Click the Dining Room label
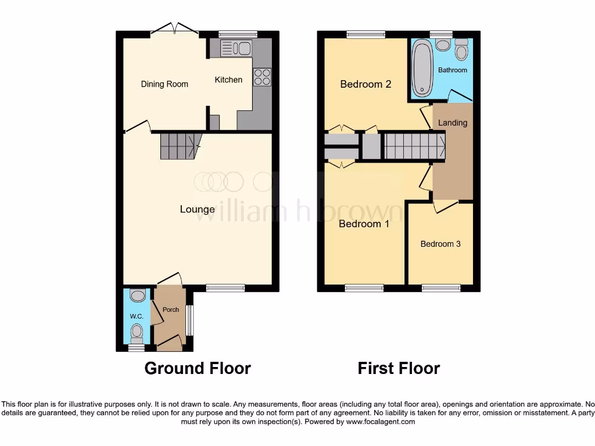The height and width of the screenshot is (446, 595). tap(164, 84)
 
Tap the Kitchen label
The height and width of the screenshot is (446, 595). tap(228, 80)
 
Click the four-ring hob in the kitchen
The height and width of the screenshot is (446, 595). tap(261, 77)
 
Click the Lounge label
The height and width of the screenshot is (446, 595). tap(197, 210)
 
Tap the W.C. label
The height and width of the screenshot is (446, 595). tap(137, 316)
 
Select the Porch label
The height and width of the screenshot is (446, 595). tap(170, 310)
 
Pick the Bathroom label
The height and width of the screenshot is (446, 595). tap(452, 70)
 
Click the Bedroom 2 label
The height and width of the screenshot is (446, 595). tap(365, 84)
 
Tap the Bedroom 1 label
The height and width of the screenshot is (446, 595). tap(364, 224)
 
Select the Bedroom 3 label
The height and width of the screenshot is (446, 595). tap(440, 244)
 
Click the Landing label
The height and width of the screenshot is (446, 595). tap(452, 123)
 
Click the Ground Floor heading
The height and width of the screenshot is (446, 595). tap(198, 368)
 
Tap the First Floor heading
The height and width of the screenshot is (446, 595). tap(399, 368)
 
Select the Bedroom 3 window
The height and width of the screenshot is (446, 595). tap(441, 288)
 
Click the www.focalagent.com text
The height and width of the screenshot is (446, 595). tap(380, 422)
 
